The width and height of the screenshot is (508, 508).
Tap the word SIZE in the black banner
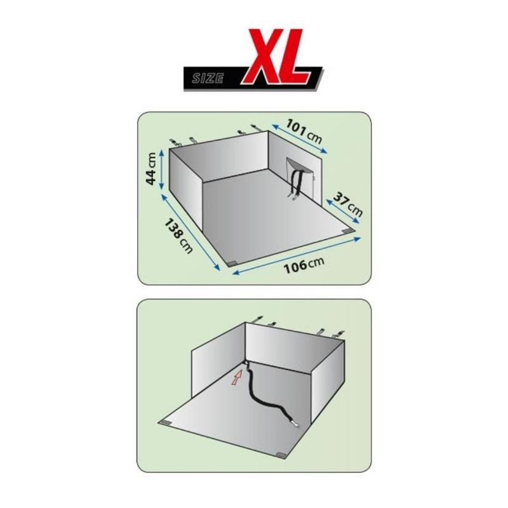208,78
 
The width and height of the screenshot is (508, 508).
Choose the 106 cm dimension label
304,265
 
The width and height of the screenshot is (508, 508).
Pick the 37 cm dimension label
347,204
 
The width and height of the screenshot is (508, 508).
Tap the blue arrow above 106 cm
297,257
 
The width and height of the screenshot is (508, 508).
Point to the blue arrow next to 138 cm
190,232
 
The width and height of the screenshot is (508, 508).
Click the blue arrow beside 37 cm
344,211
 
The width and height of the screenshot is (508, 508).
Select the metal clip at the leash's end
295,422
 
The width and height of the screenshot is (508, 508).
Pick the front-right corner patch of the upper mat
349,231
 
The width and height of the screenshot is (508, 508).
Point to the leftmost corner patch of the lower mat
166,423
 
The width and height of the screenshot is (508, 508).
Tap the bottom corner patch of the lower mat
280,455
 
